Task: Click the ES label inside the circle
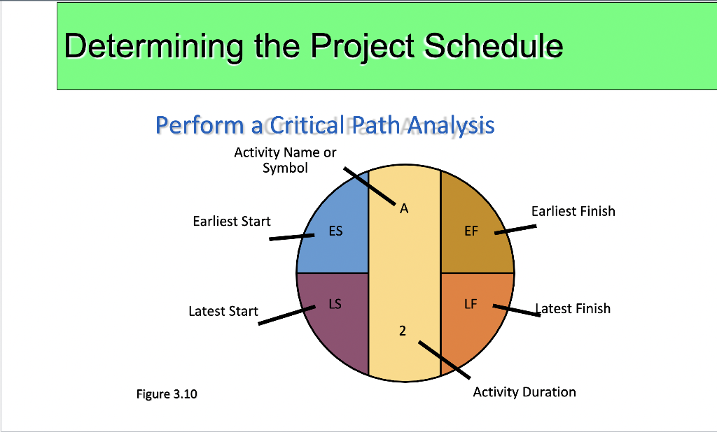pyautogui.click(x=335, y=231)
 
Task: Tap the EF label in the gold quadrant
pyautogui.click(x=471, y=231)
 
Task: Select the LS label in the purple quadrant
pyautogui.click(x=335, y=304)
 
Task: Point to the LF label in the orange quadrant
pyautogui.click(x=471, y=304)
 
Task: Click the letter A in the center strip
pyautogui.click(x=404, y=209)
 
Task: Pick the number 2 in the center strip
pyautogui.click(x=403, y=331)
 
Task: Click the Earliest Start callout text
pyautogui.click(x=232, y=222)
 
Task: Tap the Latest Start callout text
pyautogui.click(x=223, y=312)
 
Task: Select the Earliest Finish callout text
pyautogui.click(x=573, y=211)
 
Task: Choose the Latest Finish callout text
pyautogui.click(x=573, y=309)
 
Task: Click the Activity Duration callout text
pyautogui.click(x=524, y=392)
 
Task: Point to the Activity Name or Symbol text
pyautogui.click(x=286, y=160)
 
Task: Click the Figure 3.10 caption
pyautogui.click(x=167, y=394)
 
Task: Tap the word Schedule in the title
pyautogui.click(x=494, y=45)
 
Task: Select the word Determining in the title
pyautogui.click(x=153, y=47)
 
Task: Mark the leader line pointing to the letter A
pyautogui.click(x=370, y=186)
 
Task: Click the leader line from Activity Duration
pyautogui.click(x=445, y=360)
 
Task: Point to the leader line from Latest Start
pyautogui.click(x=286, y=315)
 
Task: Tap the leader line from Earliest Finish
pyautogui.click(x=515, y=229)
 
